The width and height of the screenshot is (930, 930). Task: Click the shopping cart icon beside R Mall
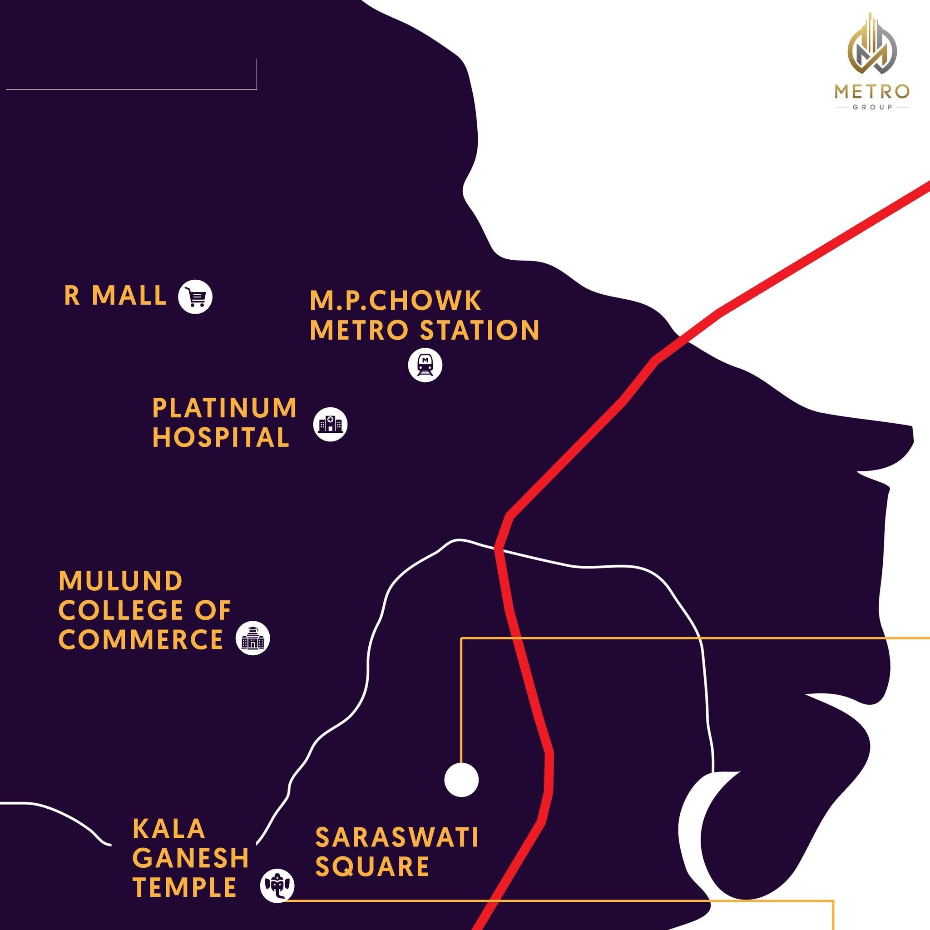195,297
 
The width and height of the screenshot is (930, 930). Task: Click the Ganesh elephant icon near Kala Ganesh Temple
277,885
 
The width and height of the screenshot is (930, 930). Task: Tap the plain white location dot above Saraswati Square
461,779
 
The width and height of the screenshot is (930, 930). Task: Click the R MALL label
115,295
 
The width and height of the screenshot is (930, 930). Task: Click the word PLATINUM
224,408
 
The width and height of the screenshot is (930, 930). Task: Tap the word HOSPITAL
220,438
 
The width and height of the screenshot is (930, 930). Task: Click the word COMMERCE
141,639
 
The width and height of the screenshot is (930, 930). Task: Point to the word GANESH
191,857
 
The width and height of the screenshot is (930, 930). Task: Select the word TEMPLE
185,887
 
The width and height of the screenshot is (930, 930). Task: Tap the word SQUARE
371,866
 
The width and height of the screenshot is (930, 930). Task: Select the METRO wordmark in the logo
872,91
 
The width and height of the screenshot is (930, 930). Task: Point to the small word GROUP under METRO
872,107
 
